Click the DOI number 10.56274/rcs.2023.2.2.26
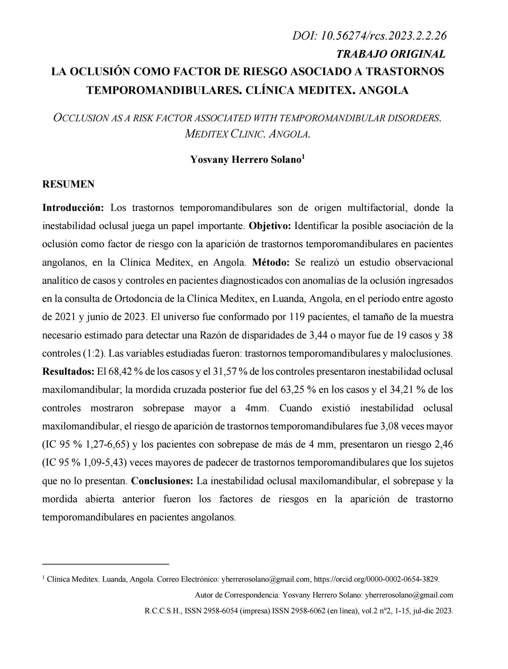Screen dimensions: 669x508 click(x=383, y=36)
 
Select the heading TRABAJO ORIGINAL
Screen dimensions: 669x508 click(x=391, y=54)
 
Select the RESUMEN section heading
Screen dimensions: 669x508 click(x=68, y=184)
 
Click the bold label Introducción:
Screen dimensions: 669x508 click(x=73, y=208)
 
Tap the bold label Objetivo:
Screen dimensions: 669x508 click(x=270, y=226)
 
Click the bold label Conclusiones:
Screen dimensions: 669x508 click(x=162, y=481)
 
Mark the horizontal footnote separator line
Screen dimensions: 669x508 click(x=105, y=564)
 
